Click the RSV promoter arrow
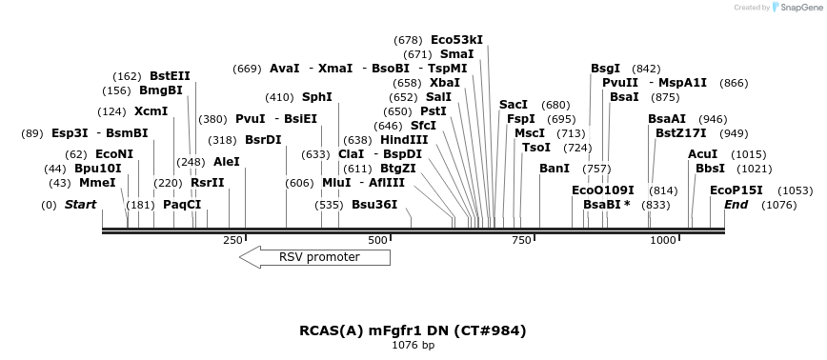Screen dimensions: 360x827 click(314, 257)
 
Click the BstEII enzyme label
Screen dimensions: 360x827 click(170, 76)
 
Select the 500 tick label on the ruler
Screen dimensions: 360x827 click(377, 240)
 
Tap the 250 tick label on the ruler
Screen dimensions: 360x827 click(232, 240)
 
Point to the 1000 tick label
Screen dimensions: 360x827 click(662, 240)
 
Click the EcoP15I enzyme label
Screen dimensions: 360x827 click(736, 190)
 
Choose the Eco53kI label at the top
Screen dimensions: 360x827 click(456, 40)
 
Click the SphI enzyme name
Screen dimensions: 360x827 click(316, 97)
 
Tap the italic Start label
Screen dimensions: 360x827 click(80, 205)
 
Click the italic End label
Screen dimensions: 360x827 click(736, 205)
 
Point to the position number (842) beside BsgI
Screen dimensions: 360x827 click(646, 69)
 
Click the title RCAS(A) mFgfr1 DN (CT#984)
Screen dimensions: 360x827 click(413, 330)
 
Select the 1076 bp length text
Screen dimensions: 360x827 click(413, 345)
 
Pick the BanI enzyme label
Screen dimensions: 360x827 click(554, 169)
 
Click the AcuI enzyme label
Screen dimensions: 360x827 click(702, 154)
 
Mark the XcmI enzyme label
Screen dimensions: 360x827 click(151, 111)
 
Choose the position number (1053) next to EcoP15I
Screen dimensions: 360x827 click(795, 190)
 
